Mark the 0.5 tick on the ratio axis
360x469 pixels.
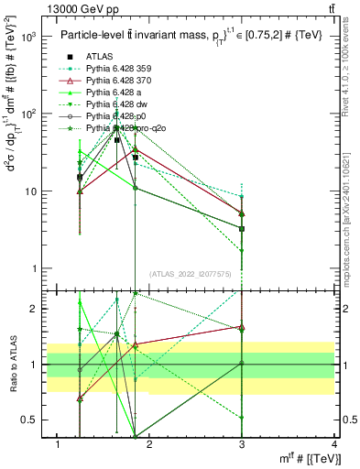tap(27, 420)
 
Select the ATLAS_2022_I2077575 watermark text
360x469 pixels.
tap(191, 274)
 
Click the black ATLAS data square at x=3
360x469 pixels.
tap(242, 228)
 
